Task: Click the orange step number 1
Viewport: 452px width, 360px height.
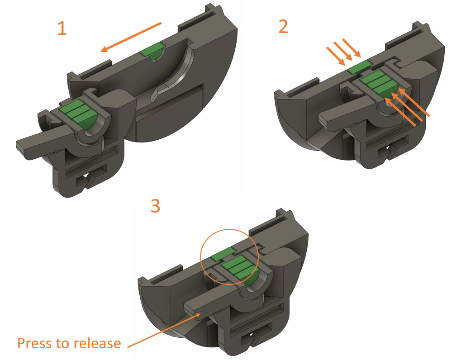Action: coord(62,28)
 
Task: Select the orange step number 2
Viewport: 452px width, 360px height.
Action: coord(283,27)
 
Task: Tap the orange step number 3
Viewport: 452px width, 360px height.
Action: coord(155,206)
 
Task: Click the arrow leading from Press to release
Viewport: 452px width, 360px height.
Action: coord(163,331)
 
